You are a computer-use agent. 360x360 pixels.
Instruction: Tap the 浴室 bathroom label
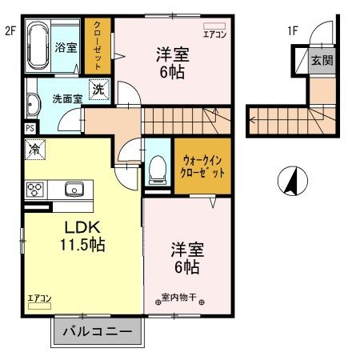click(x=66, y=47)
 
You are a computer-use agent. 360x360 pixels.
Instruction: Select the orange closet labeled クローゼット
click(x=98, y=46)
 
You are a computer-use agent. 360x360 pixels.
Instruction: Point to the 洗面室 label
click(x=67, y=100)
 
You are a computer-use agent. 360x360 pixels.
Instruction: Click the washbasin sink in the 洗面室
click(x=32, y=102)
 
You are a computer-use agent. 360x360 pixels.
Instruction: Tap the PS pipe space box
click(x=30, y=127)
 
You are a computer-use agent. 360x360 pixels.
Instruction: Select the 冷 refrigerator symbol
click(x=35, y=148)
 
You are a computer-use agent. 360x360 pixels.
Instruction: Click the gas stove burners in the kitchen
click(x=35, y=190)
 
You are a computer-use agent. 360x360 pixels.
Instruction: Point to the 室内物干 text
click(x=178, y=298)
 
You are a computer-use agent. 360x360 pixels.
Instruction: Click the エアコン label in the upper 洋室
click(x=214, y=34)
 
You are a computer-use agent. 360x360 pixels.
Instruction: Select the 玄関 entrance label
click(x=322, y=60)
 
